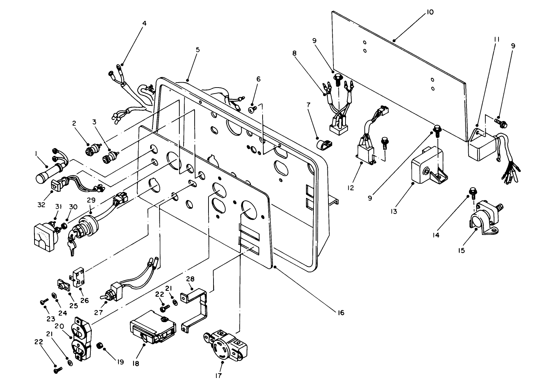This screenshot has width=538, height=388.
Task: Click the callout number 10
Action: tap(430, 12)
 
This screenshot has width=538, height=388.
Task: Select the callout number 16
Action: tap(341, 313)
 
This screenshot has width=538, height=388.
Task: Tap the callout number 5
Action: tap(197, 50)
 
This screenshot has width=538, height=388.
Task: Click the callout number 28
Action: tap(190, 278)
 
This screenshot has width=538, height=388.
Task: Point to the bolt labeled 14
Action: tap(473, 192)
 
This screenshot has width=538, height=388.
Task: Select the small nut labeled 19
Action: tap(100, 346)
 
